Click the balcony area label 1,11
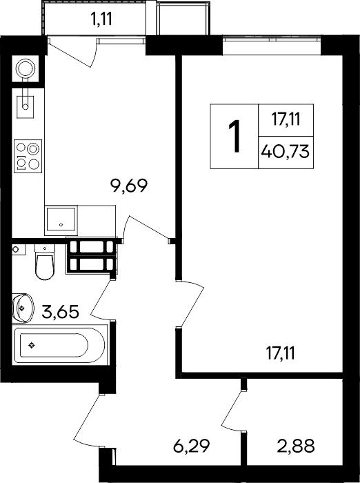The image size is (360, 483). pos(101,19)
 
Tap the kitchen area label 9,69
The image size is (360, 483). pos(130,186)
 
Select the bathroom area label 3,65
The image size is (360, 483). pos(61,311)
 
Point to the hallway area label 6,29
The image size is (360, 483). pos(192,446)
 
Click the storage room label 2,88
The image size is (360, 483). pos(296,446)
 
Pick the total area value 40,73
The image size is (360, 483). pos(285,152)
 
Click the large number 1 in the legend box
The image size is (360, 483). pos(234,136)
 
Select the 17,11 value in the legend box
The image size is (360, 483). pos(286,119)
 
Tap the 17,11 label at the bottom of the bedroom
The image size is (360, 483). pos(281,353)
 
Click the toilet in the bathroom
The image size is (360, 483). pos(45,262)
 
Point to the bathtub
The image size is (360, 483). pos(60,345)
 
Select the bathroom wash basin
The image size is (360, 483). pos(22,308)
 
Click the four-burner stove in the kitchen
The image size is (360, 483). pos(28,156)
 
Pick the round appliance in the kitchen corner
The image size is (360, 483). pos(26,69)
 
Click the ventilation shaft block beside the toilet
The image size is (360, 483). pos(92,255)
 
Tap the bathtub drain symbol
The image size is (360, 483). pos(32,345)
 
